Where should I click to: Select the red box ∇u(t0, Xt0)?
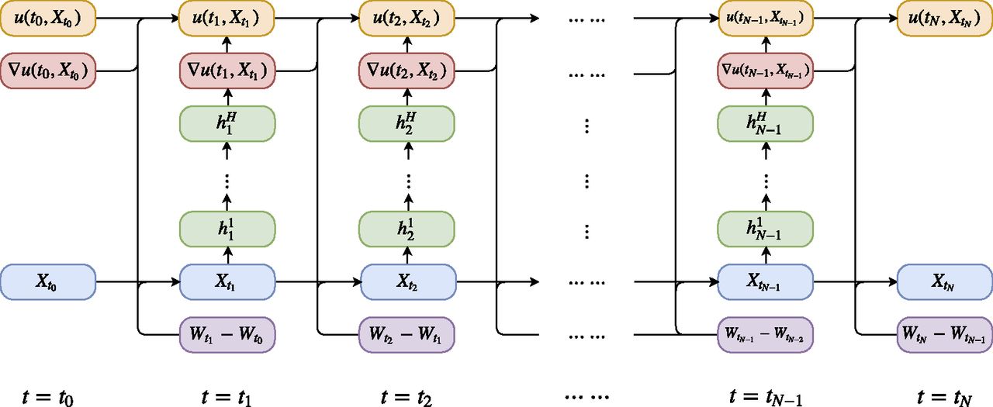(x=47, y=71)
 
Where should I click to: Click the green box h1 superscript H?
(x=227, y=122)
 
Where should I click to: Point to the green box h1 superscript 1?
(x=227, y=229)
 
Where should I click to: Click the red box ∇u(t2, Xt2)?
(x=407, y=71)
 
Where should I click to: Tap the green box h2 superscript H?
(x=407, y=122)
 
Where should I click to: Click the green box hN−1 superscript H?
(x=766, y=122)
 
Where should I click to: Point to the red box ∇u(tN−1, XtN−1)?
(x=766, y=71)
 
